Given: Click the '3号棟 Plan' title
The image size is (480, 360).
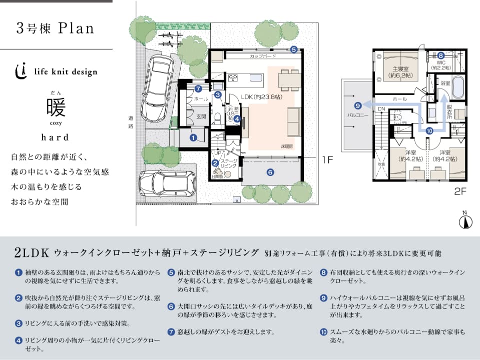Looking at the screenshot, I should pos(55,28).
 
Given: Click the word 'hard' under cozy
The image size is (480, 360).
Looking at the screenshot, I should pos(55,136).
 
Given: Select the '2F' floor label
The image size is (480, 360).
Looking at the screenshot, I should pos(460,190).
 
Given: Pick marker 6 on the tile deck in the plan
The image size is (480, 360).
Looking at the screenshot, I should pos(270,172).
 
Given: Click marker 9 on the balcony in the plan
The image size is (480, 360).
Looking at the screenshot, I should pos(357,105).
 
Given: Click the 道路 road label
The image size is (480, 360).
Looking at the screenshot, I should pos(131,122).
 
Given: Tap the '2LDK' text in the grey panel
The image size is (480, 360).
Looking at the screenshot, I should pos(31,253).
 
